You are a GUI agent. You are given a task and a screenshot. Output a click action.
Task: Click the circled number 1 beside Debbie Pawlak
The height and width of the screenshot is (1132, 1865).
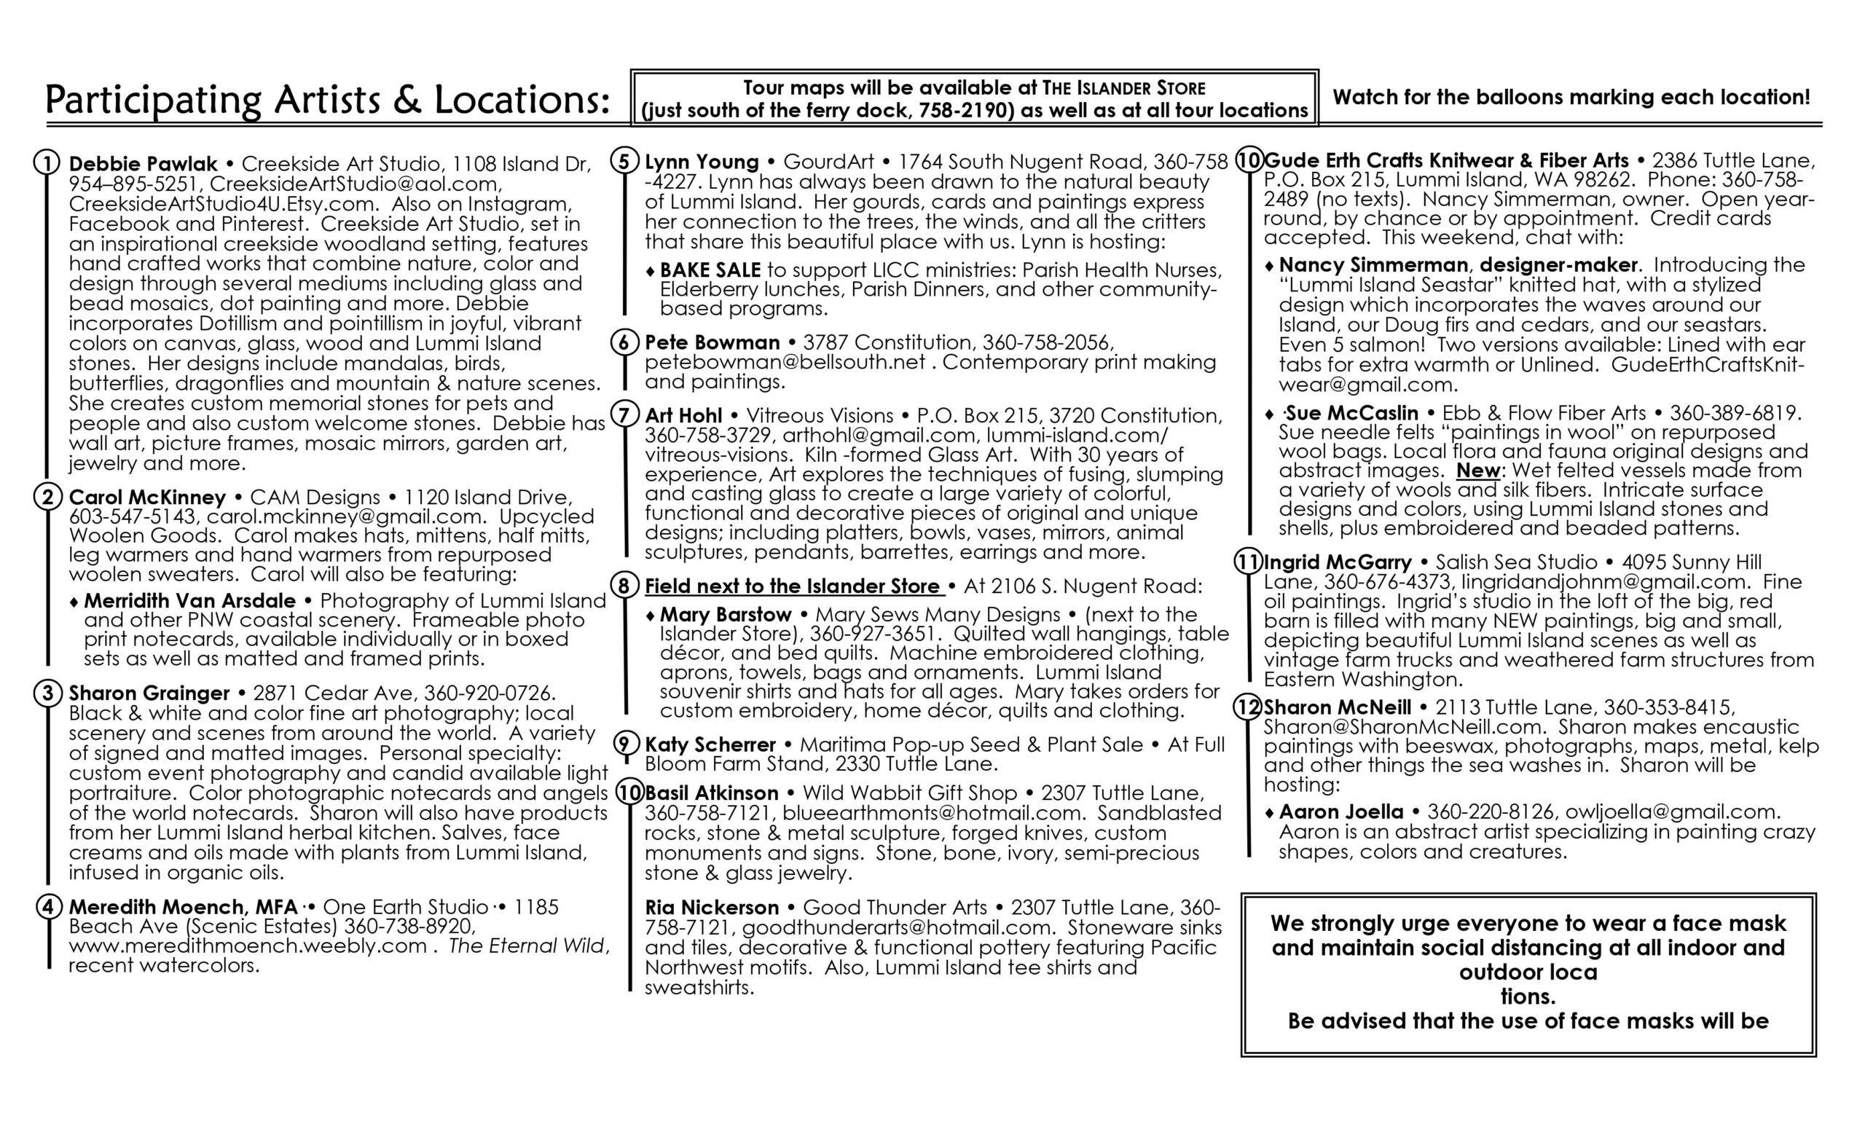tap(47, 163)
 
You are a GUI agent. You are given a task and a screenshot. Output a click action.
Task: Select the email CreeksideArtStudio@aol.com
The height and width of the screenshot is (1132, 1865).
tap(354, 184)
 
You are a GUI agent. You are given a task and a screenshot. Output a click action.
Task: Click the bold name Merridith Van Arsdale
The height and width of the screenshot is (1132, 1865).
tap(189, 601)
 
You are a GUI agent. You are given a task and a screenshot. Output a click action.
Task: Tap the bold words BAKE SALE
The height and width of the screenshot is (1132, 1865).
tap(710, 270)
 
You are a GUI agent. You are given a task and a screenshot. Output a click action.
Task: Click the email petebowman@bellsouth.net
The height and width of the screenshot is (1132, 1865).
tap(784, 362)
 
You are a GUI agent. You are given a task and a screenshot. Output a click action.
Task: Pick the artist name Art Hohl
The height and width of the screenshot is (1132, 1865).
tap(683, 415)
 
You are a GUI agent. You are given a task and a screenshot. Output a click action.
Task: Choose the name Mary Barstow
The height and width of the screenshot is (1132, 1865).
tap(725, 614)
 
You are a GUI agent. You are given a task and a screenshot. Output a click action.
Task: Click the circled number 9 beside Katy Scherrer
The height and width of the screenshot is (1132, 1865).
tap(624, 744)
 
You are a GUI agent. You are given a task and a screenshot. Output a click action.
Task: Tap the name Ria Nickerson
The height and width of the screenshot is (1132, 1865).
tap(712, 907)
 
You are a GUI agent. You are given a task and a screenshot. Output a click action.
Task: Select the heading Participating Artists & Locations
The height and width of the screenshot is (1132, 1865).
tap(327, 100)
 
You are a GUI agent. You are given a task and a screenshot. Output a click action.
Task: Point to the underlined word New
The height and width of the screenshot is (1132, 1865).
tap(1478, 471)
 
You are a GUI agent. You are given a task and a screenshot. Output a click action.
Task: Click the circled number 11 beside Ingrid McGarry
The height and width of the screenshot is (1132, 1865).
tap(1247, 562)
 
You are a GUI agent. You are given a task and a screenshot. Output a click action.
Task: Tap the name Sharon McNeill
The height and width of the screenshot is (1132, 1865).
tap(1338, 707)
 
